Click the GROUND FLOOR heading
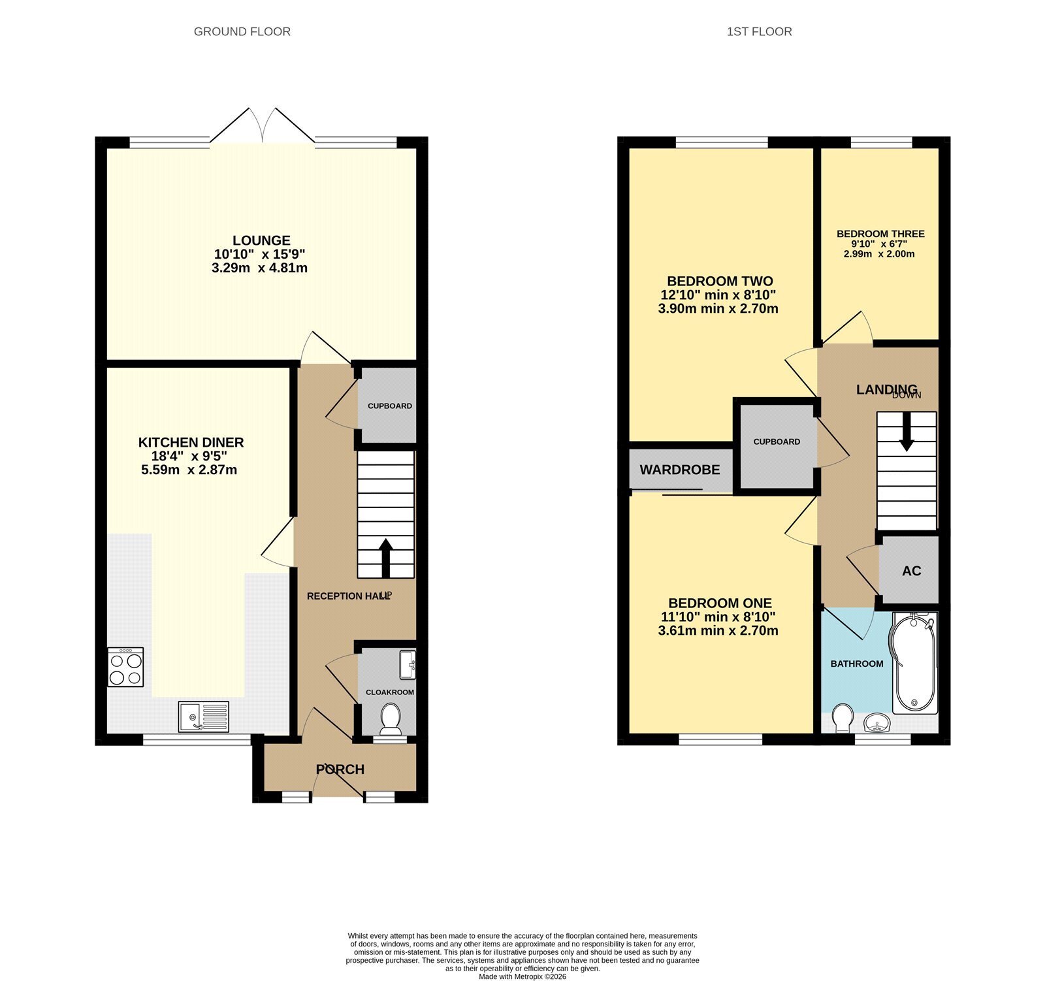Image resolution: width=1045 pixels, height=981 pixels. tap(242, 31)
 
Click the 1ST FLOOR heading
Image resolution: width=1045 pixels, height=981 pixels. tap(759, 31)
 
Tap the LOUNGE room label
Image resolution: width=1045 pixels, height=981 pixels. tap(261, 240)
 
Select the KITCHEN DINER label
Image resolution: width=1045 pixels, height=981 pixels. tap(191, 442)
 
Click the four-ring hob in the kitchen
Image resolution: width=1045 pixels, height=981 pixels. tap(126, 667)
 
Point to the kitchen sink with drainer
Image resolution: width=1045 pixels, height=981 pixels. tap(204, 716)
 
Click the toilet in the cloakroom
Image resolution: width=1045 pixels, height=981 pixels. tap(391, 718)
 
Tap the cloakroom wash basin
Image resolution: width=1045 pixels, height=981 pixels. tap(408, 665)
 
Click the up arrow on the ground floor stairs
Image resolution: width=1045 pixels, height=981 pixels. tap(385, 558)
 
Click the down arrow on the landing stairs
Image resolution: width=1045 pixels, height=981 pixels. tap(907, 432)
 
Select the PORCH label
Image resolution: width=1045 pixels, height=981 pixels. tap(340, 769)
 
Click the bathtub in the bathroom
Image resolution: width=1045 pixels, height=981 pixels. tap(914, 663)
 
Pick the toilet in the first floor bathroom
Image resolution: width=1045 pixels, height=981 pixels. tap(843, 718)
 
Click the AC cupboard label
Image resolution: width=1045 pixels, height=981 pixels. tap(912, 571)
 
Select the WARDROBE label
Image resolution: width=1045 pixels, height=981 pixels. tap(680, 470)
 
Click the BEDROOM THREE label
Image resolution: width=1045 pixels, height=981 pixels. tap(880, 234)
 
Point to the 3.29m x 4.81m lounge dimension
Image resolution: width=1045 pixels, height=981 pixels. tap(259, 268)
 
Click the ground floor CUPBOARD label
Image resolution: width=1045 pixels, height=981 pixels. tap(390, 406)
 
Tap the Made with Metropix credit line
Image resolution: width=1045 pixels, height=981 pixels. tap(522, 977)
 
